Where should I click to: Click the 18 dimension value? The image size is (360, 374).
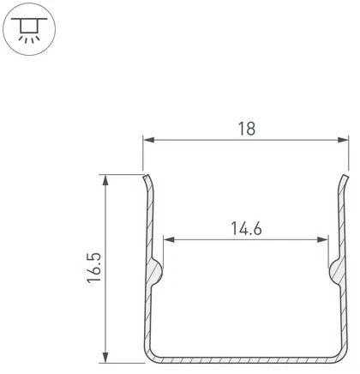click(x=246, y=128)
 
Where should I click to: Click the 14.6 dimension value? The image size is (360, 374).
click(x=246, y=228)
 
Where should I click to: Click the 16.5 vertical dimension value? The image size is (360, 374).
click(x=94, y=268)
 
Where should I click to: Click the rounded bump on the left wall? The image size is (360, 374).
click(x=155, y=272)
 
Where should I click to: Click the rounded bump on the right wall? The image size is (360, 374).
click(x=335, y=272)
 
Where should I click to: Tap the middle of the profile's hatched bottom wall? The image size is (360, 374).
click(x=246, y=358)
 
